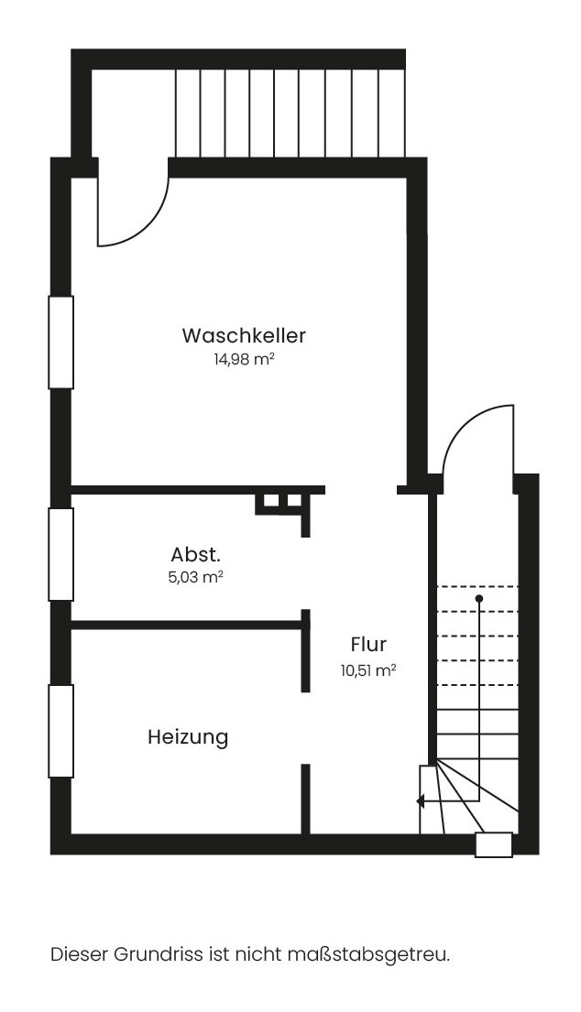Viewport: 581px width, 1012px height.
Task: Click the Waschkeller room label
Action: pyautogui.click(x=243, y=335)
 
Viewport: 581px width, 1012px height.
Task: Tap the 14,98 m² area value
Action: pyautogui.click(x=244, y=360)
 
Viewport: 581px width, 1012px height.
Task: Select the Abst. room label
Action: pyautogui.click(x=195, y=554)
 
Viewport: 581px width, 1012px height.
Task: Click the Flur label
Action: pyautogui.click(x=367, y=644)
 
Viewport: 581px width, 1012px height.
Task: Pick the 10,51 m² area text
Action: pyautogui.click(x=368, y=669)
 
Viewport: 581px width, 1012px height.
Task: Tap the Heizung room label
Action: pyautogui.click(x=188, y=736)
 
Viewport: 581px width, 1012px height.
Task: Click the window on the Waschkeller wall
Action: pyautogui.click(x=60, y=343)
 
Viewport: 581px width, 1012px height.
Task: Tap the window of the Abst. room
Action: pyautogui.click(x=60, y=554)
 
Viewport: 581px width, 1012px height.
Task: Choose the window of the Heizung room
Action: pyautogui.click(x=60, y=731)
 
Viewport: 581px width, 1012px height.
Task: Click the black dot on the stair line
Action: pyautogui.click(x=478, y=598)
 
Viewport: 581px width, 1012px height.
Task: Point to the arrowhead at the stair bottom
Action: pyautogui.click(x=421, y=801)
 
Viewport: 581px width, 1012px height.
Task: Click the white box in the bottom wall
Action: pyautogui.click(x=493, y=844)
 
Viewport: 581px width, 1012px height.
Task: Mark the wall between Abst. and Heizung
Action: pyautogui.click(x=187, y=625)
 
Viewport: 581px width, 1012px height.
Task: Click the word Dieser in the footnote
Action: pyautogui.click(x=79, y=954)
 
